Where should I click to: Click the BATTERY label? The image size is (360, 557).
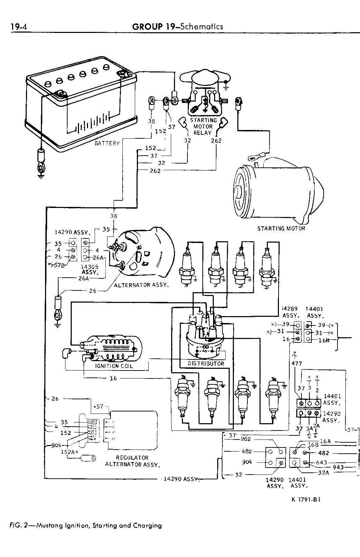[107, 143]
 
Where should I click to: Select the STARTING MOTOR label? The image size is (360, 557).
[281, 228]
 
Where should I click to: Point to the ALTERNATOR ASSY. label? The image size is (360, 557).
[142, 285]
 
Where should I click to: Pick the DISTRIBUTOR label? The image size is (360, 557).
[206, 364]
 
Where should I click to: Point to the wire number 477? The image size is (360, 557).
[297, 364]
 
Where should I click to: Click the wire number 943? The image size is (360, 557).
[338, 467]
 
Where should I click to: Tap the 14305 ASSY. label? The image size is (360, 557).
[89, 269]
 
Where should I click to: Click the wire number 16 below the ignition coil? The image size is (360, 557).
[113, 378]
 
